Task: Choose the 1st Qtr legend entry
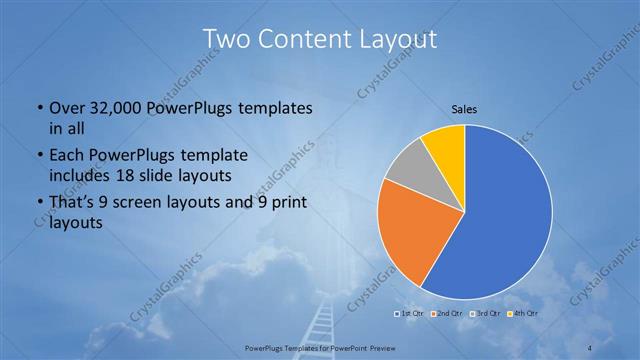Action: pos(409,315)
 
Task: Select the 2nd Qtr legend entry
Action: pos(448,315)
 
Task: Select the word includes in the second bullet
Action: pos(79,175)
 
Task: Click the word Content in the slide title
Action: pos(303,39)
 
